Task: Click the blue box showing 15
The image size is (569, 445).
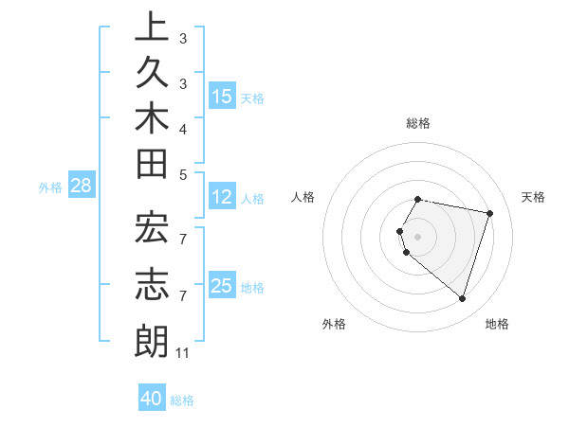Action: [222, 97]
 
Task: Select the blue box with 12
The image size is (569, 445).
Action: [222, 198]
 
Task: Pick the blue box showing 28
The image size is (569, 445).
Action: [81, 187]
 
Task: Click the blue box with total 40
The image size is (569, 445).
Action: [152, 399]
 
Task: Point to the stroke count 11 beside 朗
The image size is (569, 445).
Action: [183, 353]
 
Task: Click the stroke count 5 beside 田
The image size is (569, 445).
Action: [182, 173]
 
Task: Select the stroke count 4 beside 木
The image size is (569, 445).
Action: [182, 128]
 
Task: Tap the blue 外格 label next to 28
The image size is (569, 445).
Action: [50, 187]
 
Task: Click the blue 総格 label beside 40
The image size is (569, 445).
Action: [182, 400]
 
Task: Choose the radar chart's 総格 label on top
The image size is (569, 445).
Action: [418, 123]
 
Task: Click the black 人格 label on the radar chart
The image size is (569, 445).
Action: [303, 197]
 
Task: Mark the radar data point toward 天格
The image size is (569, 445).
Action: [489, 213]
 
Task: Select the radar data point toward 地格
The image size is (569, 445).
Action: [462, 298]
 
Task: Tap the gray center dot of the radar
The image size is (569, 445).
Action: [418, 236]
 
